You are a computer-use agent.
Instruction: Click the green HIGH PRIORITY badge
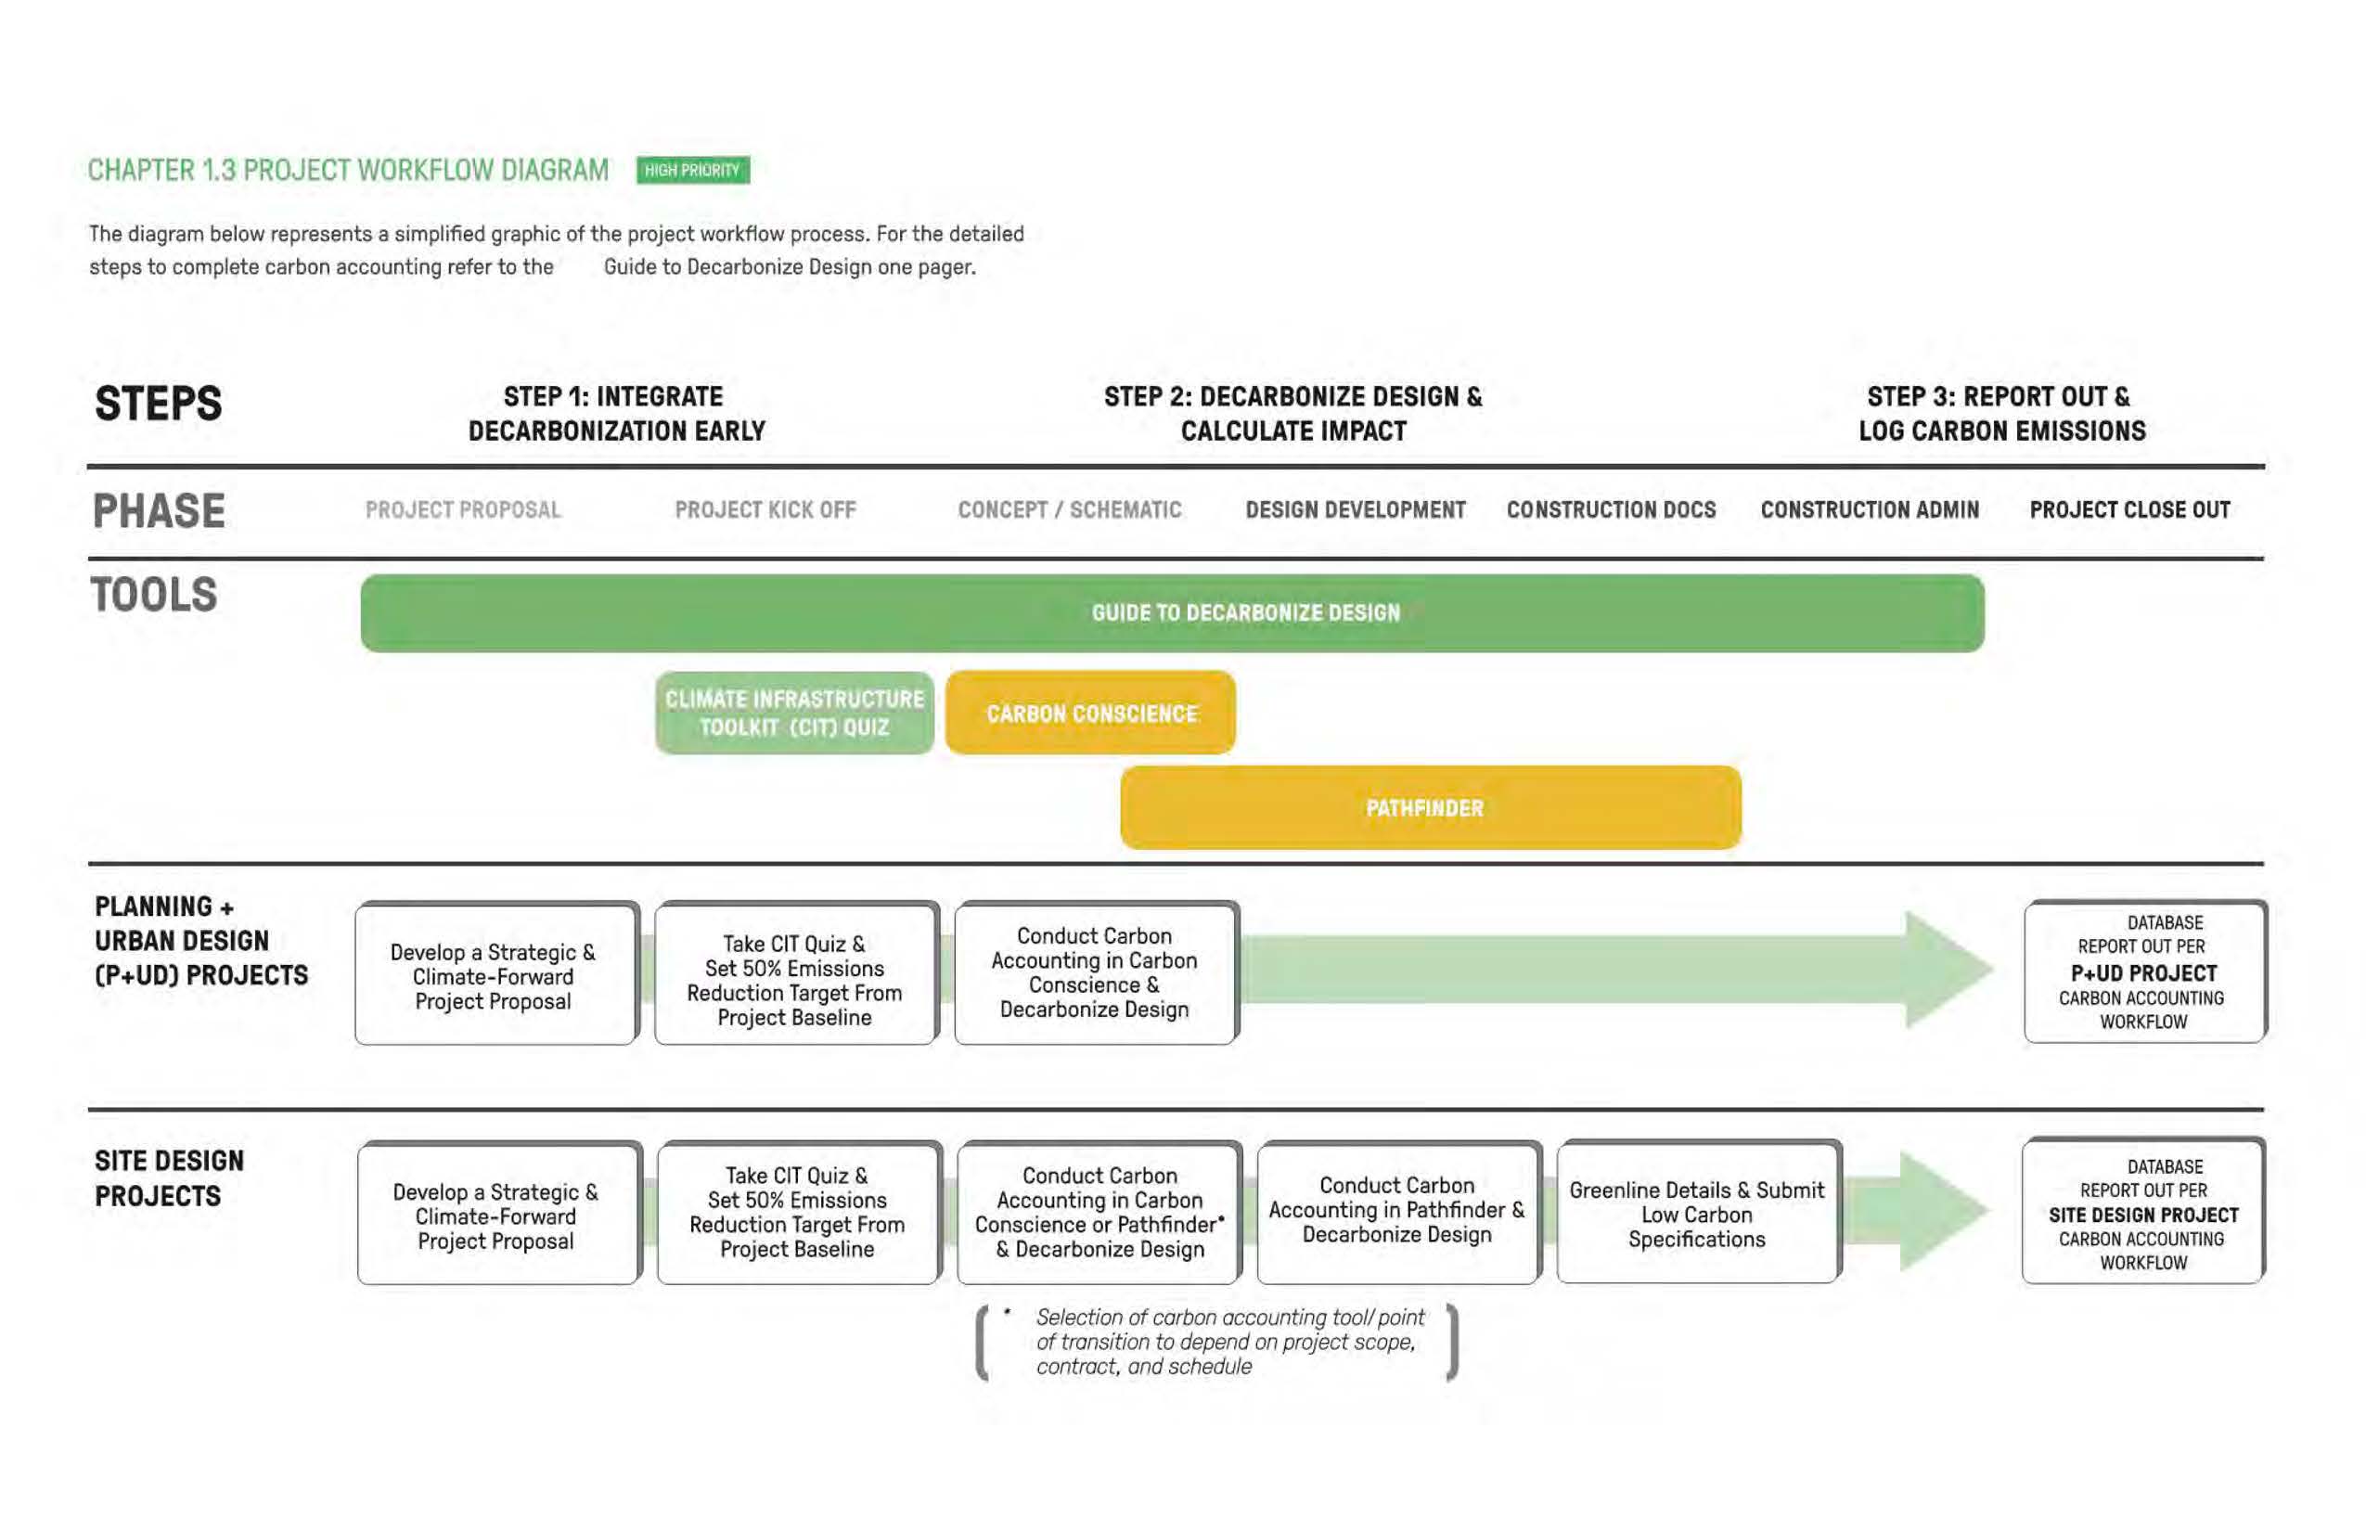coord(693,170)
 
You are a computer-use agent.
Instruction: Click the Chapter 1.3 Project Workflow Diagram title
coord(348,170)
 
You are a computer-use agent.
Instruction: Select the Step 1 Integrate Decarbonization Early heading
coord(616,414)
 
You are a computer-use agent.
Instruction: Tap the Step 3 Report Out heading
coord(2001,414)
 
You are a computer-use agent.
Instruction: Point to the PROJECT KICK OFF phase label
coord(765,510)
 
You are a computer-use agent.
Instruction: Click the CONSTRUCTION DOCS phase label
coord(1611,510)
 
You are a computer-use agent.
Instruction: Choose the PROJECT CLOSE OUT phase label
coord(2129,510)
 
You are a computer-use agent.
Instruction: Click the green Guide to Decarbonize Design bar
coord(1173,613)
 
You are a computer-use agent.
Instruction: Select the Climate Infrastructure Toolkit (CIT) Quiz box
coord(794,713)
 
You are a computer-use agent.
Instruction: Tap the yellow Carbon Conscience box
coord(1090,713)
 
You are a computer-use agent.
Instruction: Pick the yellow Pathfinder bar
coord(1430,807)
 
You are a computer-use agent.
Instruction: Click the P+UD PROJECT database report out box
coord(2144,971)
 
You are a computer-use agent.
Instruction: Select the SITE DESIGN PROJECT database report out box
coord(2143,1213)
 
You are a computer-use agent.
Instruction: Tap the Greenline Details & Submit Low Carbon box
coord(1697,1214)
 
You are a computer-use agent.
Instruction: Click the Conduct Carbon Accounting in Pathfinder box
coord(1396,1211)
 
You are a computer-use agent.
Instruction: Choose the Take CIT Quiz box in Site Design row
coord(797,1213)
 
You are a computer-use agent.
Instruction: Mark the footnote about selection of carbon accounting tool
coord(1217,1342)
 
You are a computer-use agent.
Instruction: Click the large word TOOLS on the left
coord(154,596)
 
